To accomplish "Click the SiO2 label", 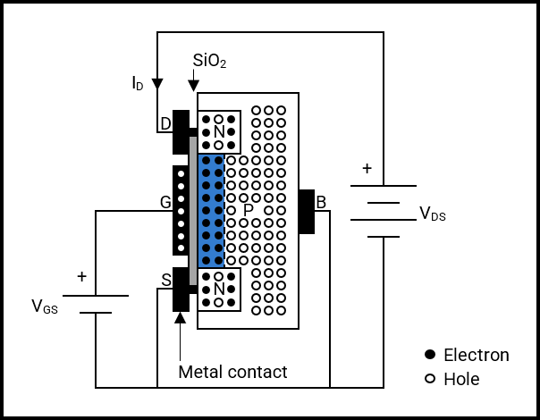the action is [209, 61].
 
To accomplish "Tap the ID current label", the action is [138, 83].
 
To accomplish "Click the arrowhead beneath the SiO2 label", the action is [193, 86].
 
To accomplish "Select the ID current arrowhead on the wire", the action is [157, 84].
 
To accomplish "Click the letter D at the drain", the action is [166, 124].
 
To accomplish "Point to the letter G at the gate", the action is [165, 202].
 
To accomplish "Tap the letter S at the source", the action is [166, 281].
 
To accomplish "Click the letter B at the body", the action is [321, 203].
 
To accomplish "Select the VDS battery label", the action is [433, 214].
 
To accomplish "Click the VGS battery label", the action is [45, 307].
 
